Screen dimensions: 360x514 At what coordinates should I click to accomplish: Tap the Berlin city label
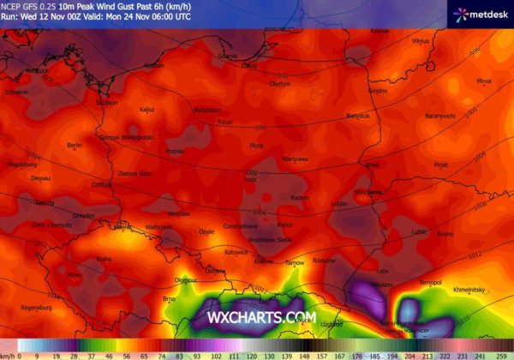(75, 145)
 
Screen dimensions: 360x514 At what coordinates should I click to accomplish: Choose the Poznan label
(175, 151)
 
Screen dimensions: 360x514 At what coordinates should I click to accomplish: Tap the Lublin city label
(339, 204)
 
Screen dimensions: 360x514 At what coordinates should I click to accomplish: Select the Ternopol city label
(429, 282)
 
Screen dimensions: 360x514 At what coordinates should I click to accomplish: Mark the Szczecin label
(107, 102)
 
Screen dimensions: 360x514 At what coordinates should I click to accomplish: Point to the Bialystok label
(358, 116)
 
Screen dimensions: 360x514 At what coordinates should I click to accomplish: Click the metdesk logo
(482, 13)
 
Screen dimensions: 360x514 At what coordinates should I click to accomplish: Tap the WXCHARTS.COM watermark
(262, 317)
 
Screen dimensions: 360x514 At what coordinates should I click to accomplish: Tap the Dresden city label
(84, 216)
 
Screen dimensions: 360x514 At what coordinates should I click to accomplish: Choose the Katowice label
(236, 253)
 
